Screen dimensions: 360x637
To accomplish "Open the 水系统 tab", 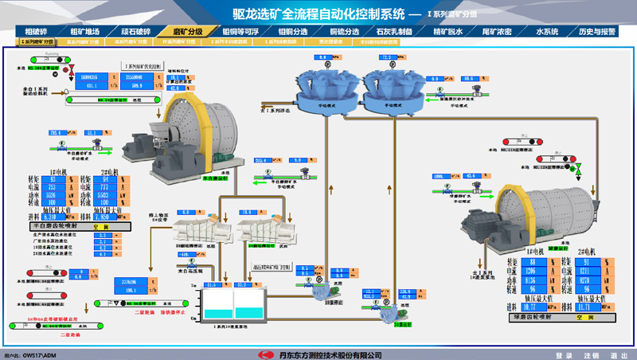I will coord(546,31).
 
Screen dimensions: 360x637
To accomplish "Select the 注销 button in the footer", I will coord(588,354).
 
